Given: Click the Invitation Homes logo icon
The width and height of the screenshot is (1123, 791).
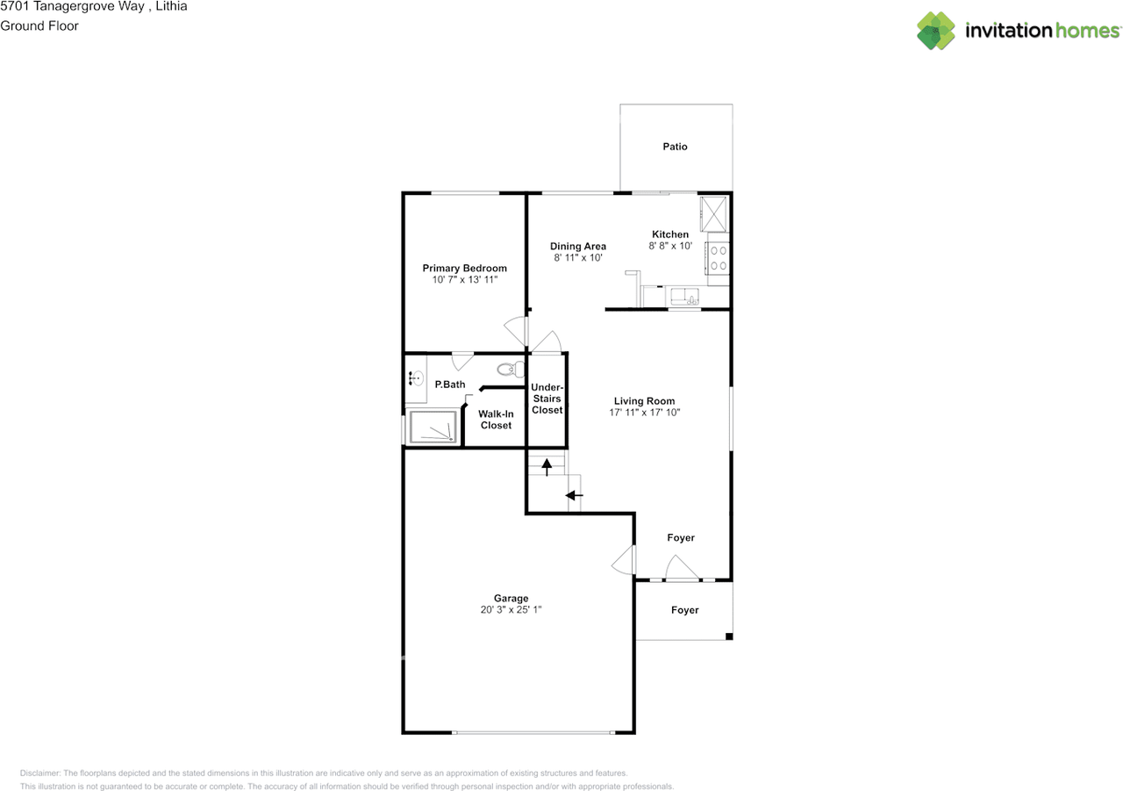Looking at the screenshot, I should click(936, 31).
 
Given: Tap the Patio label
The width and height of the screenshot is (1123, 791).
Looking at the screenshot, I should click(675, 147).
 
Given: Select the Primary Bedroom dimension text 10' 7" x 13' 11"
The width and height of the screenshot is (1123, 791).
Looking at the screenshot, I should click(464, 280).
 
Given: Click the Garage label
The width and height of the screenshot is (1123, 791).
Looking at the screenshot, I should click(510, 599).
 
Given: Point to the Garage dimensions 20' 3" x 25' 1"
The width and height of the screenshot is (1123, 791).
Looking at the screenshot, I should click(510, 610).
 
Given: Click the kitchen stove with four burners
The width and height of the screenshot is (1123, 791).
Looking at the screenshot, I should click(719, 258).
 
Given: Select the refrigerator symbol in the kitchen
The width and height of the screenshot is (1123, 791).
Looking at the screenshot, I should click(713, 212).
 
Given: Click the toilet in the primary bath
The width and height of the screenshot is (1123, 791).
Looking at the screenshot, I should click(509, 369).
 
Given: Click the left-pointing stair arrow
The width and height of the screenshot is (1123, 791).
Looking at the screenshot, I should click(574, 496).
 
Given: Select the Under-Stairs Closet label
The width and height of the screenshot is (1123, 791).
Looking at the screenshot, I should click(547, 399).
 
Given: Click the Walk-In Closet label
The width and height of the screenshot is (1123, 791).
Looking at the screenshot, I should click(496, 420).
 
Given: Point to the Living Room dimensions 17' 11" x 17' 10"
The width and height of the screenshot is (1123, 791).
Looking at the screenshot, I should click(645, 412).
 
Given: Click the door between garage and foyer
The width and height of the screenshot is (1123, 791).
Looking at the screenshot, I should click(625, 560).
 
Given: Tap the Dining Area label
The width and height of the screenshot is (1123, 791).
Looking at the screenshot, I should click(578, 247).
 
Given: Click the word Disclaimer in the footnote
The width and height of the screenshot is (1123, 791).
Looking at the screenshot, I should click(40, 773).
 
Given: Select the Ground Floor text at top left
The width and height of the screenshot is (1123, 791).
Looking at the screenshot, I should click(39, 26).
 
